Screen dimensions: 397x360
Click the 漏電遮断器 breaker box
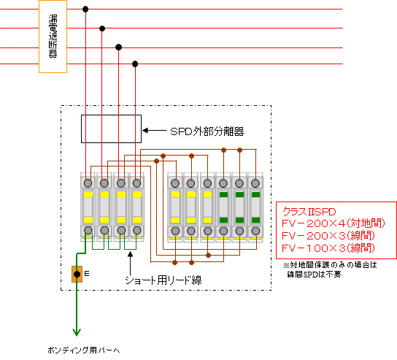tap(53, 37)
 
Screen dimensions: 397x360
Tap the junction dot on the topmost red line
tap(85, 9)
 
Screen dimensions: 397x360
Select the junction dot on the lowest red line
tap(135, 64)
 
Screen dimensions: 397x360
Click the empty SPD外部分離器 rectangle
tap(111, 129)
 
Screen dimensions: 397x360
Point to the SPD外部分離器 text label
tap(207, 131)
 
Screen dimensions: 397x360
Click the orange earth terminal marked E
tap(77, 274)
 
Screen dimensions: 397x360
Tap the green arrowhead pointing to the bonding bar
tap(77, 332)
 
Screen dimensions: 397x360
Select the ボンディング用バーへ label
tap(83, 350)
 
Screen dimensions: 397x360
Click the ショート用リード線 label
tap(163, 280)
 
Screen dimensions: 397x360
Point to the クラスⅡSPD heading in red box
tap(309, 212)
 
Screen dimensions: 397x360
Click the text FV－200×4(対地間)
tap(334, 223)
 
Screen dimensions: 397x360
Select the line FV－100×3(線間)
tap(328, 248)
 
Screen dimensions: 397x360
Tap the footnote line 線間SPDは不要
tap(314, 274)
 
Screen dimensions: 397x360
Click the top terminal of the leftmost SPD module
tap(88, 183)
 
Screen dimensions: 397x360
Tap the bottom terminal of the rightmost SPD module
tap(255, 231)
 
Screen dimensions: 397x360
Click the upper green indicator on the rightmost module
tap(255, 194)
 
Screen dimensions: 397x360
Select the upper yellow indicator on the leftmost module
tap(88, 194)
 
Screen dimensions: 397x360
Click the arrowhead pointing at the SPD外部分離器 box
tap(145, 131)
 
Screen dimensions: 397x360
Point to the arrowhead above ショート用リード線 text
tap(130, 254)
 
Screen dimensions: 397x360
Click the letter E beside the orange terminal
tap(87, 274)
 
